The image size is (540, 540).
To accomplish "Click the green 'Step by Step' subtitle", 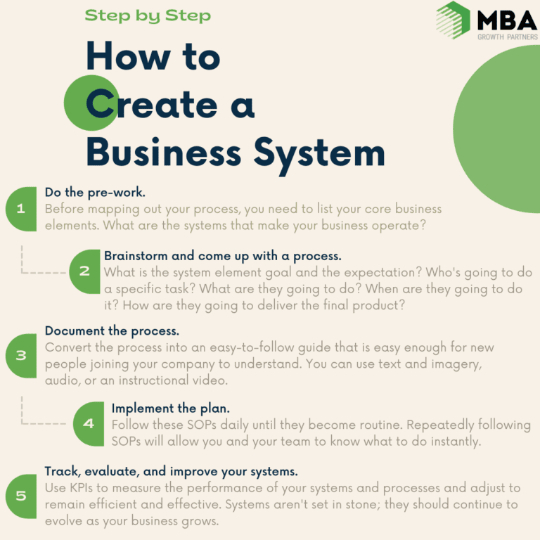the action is tap(148, 16).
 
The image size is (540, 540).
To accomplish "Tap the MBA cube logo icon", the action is tap(453, 20).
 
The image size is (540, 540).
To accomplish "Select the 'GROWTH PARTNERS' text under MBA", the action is tap(507, 37).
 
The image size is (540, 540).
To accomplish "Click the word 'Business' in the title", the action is tap(164, 153).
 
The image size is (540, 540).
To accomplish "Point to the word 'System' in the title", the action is tap(319, 155).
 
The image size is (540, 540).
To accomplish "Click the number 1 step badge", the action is tap(21, 209).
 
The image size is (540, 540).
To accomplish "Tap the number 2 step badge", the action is tap(84, 271).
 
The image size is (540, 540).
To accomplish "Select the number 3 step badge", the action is tap(21, 356).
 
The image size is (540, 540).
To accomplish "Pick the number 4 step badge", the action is tap(89, 423).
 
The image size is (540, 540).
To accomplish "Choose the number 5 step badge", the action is tap(21, 496).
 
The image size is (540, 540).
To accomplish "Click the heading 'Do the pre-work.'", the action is tap(95, 192).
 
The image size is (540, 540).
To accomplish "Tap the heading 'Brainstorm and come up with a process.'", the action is tap(223, 256).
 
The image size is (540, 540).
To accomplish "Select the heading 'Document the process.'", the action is tap(112, 331).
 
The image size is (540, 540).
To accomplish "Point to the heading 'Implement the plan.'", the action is tap(170, 409).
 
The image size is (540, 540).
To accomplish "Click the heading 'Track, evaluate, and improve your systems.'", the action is tap(171, 472).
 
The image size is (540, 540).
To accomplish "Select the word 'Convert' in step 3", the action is tap(68, 347).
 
